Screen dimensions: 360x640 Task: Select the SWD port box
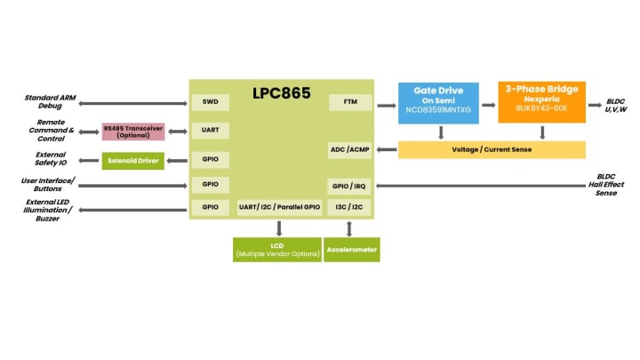tap(210, 102)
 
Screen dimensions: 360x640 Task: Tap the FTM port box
tap(349, 102)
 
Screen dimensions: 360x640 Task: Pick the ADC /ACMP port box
tap(349, 149)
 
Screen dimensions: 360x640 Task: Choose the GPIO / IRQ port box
tap(349, 187)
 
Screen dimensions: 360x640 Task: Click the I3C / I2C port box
tap(349, 207)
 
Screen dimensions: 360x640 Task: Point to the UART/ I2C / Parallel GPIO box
tap(278, 207)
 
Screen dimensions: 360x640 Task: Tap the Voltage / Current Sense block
tap(492, 149)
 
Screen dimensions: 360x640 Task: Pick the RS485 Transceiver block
tap(133, 132)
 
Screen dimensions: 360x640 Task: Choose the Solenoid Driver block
tap(133, 160)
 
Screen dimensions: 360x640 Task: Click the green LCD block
tap(276, 249)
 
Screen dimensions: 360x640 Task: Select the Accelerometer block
tap(351, 249)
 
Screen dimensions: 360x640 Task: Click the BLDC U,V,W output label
tap(616, 105)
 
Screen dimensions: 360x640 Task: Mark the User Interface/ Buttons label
tap(48, 185)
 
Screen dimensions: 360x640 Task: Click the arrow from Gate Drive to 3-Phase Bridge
tap(488, 104)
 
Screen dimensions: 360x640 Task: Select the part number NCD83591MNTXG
tap(438, 109)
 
